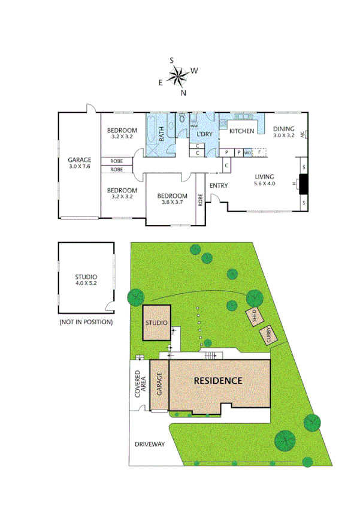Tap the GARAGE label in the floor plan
(79, 159)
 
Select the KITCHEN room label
(242, 131)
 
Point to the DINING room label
(284, 129)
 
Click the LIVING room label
(264, 177)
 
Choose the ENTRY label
(219, 185)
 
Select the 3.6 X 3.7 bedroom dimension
(172, 203)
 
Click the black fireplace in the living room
(304, 184)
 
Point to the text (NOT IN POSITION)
(86, 322)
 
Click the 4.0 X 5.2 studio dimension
(86, 283)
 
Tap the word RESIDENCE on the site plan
(217, 381)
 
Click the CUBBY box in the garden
(269, 335)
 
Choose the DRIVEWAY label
(150, 444)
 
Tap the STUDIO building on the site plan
(156, 323)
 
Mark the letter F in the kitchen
(259, 152)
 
